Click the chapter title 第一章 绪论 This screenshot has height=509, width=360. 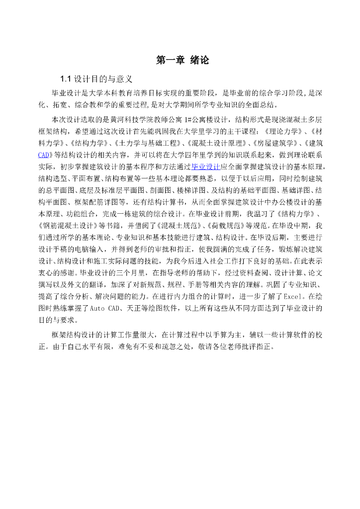(x=182, y=60)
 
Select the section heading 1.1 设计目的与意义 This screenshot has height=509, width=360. (x=95, y=79)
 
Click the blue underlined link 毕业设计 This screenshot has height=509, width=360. (x=205, y=166)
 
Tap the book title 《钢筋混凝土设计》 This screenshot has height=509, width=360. (x=66, y=225)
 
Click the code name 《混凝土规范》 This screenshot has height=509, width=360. (x=176, y=225)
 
